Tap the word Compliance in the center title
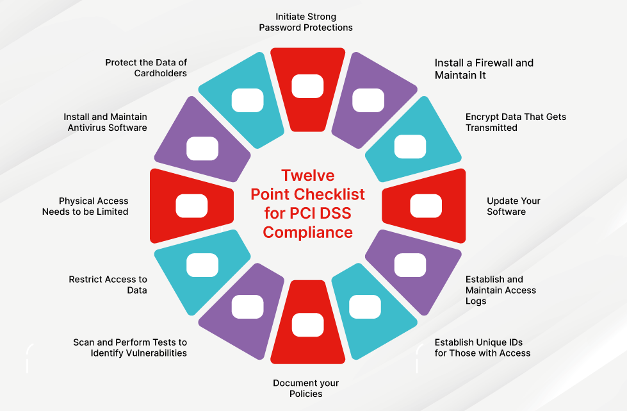point(307,232)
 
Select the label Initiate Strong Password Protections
point(305,22)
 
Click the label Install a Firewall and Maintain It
point(484,69)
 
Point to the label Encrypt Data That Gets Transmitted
point(516,122)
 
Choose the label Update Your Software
point(513,206)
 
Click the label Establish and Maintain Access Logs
point(500,290)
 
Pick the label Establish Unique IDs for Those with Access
point(482,348)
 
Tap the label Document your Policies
point(305,388)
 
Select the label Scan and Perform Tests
point(130,348)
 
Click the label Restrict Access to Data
point(108,285)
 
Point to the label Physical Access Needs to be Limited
point(85,206)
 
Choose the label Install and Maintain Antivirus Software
point(105,122)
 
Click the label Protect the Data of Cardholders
point(146,67)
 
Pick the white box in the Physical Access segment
point(191,205)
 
